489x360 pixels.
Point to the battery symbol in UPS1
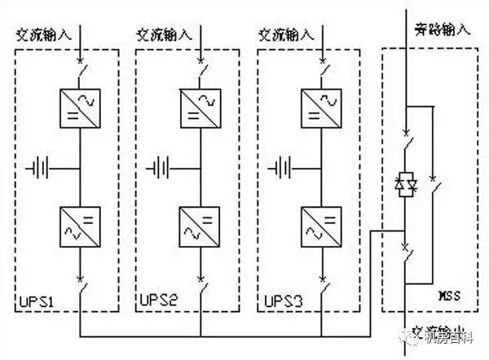coord(39,169)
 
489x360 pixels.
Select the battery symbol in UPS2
coord(161,169)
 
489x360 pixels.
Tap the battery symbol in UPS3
coord(282,169)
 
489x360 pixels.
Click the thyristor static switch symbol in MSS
coord(405,185)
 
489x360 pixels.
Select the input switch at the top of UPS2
coord(202,69)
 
